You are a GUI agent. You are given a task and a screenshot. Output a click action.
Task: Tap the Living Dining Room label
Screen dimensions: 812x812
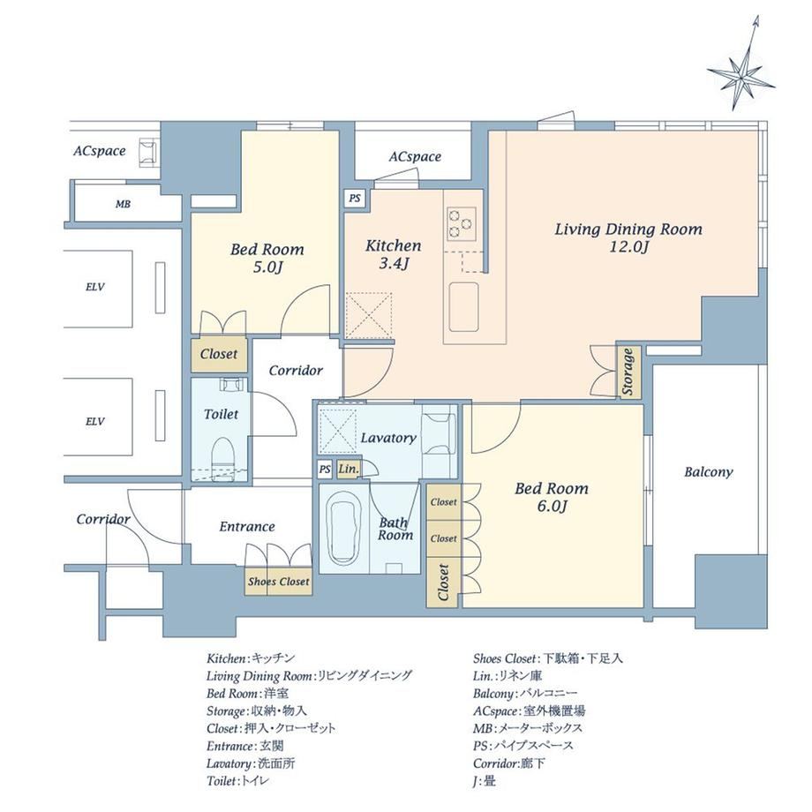(x=628, y=229)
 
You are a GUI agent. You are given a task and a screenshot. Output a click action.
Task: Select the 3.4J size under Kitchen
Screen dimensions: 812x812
(x=395, y=264)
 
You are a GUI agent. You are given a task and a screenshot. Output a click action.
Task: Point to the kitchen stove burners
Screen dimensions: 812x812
(x=462, y=223)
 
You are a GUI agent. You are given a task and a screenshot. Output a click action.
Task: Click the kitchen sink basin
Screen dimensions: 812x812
(x=463, y=306)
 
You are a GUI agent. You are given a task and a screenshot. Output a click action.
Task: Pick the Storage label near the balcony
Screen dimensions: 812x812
(x=628, y=372)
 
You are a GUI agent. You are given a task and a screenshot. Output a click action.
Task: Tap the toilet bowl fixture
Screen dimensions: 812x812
(x=222, y=455)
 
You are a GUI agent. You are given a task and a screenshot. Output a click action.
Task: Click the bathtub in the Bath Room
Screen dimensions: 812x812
(x=344, y=528)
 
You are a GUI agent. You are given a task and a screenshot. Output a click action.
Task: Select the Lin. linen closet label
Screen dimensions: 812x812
(x=348, y=470)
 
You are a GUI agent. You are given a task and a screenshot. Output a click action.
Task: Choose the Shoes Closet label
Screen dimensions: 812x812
(x=279, y=581)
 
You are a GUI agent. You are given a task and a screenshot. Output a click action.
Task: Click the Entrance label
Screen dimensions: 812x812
(x=247, y=527)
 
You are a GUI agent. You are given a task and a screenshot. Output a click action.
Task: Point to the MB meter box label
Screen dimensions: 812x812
(x=123, y=204)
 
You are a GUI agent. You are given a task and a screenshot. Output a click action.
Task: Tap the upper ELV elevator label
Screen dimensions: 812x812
(x=94, y=286)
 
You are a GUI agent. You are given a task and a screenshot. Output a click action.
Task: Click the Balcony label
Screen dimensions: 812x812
(x=709, y=472)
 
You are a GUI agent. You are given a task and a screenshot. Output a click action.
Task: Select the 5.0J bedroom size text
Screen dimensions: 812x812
(x=267, y=267)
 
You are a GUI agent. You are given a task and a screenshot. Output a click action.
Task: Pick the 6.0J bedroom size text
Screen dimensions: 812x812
(x=552, y=506)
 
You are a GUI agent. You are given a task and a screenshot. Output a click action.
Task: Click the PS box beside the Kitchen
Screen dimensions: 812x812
(x=355, y=199)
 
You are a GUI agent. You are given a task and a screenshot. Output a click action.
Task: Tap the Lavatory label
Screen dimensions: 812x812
(x=388, y=438)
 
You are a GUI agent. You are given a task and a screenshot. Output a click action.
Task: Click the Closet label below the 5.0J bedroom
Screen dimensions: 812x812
(x=219, y=354)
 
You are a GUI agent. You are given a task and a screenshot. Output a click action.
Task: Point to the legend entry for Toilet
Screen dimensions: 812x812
(x=237, y=781)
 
